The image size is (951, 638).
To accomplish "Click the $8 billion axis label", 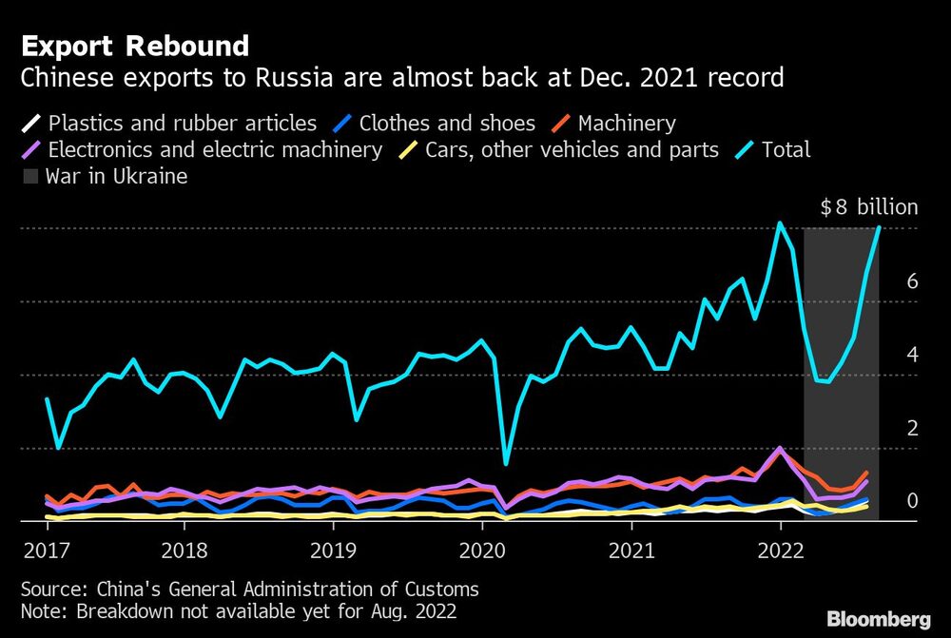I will click(869, 207).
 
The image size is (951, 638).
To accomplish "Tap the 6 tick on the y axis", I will click(912, 280).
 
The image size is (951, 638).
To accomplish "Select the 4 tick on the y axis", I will click(912, 354).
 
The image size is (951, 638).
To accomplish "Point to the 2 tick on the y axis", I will click(912, 427).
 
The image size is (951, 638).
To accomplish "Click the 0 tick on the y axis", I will click(912, 500).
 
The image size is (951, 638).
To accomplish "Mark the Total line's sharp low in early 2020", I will click(506, 464).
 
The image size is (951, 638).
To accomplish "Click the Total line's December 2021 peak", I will click(780, 223).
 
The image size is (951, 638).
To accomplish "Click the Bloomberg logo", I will click(880, 619).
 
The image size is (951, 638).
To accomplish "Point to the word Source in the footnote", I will click(49, 589).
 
